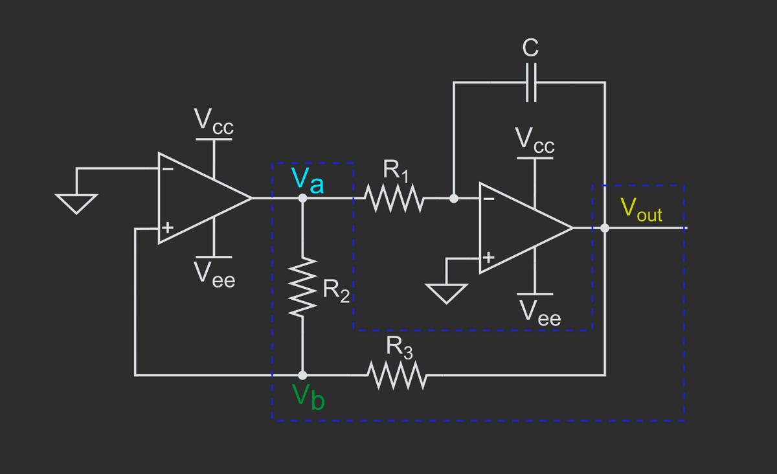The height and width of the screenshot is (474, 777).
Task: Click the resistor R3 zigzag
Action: [x=395, y=375]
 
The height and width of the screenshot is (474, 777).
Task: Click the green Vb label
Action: [x=308, y=396]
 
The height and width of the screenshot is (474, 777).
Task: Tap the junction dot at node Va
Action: [x=302, y=199]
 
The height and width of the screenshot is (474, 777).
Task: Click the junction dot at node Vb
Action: [x=302, y=375]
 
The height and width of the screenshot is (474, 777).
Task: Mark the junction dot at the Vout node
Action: [x=605, y=228]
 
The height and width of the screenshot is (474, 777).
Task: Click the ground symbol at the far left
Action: [x=76, y=202]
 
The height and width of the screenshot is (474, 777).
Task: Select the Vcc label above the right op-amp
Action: [x=535, y=141]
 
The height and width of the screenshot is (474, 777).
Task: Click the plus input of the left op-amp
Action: [x=167, y=228]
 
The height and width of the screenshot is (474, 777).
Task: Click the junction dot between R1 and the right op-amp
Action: [x=454, y=199]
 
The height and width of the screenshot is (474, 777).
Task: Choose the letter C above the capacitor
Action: [x=530, y=47]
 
